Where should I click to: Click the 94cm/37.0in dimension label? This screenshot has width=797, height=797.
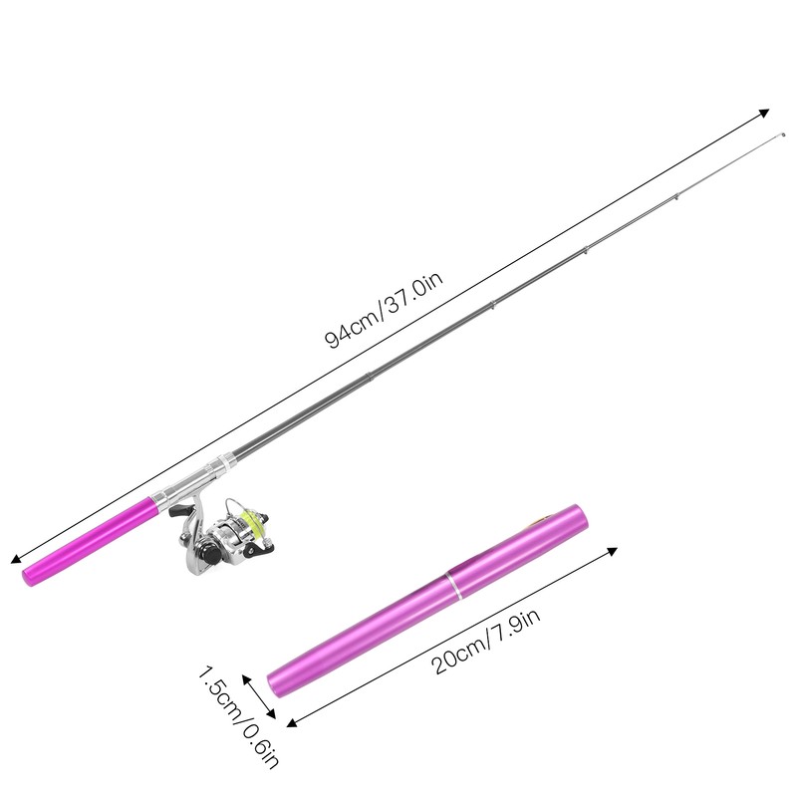(x=384, y=310)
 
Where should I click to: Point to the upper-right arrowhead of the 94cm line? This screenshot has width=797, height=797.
(x=763, y=113)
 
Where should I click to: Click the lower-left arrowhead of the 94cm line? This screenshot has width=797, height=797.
(x=16, y=559)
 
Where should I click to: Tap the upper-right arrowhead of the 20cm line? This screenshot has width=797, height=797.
(x=612, y=551)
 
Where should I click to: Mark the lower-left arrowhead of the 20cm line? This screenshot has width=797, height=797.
(x=292, y=723)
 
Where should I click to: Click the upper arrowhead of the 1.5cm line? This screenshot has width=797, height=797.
(x=246, y=679)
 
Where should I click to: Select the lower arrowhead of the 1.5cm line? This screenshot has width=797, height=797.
(x=270, y=713)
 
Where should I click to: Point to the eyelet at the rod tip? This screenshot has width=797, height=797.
(x=782, y=135)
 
